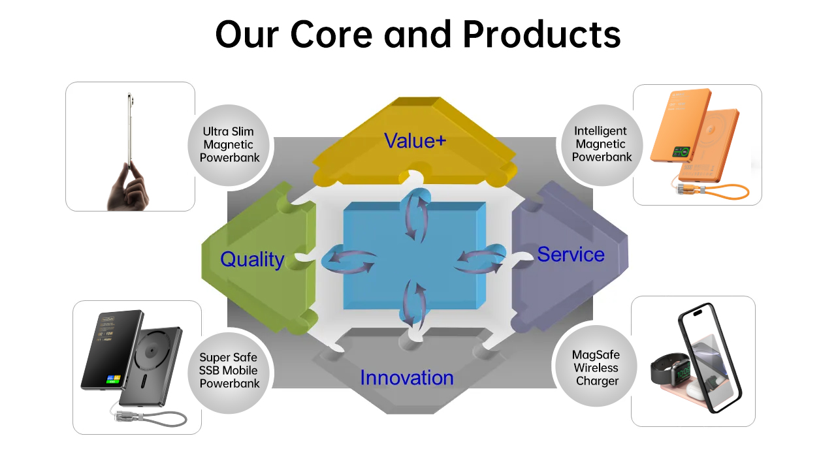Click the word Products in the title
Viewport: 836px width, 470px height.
tap(542, 35)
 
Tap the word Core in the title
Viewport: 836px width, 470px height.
tap(331, 35)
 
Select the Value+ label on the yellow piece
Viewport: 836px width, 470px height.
tap(415, 141)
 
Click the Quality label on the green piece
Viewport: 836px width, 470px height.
tap(252, 260)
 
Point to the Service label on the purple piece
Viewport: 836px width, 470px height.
tap(571, 255)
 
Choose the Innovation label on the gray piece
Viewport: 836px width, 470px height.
tap(407, 377)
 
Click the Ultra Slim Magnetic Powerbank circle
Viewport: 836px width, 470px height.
tap(229, 145)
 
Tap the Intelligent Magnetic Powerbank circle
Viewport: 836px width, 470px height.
tap(602, 145)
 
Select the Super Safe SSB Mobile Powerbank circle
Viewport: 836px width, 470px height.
tap(229, 372)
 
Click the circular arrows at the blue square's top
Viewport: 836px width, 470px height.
tap(416, 215)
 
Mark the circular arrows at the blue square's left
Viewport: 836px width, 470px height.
tap(349, 259)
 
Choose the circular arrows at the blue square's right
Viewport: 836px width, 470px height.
tap(480, 259)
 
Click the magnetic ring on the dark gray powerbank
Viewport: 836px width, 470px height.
tap(152, 351)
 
